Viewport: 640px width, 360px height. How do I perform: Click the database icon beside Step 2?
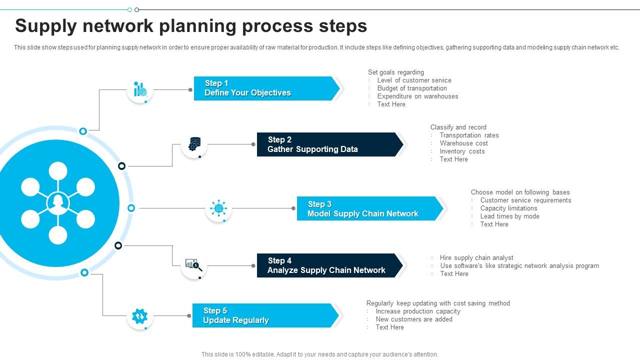point(194,144)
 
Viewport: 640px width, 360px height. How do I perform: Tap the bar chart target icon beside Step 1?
point(140,90)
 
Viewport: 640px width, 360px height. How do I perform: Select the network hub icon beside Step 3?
point(218,208)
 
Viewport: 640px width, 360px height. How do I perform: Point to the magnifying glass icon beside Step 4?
point(194,265)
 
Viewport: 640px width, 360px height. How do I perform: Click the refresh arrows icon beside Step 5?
point(139,316)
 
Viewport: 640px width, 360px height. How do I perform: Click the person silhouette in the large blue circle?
point(58,203)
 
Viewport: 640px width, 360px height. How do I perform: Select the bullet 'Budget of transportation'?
point(412,88)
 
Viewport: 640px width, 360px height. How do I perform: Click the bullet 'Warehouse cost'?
point(463,143)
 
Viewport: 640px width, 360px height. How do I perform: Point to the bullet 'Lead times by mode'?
point(509,216)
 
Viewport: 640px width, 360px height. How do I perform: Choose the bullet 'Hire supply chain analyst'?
point(476,258)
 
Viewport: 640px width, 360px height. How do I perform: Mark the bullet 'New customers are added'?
point(414,319)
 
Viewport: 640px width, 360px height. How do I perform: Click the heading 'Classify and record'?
point(458,127)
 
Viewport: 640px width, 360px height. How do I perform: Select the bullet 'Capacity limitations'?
point(508,208)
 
